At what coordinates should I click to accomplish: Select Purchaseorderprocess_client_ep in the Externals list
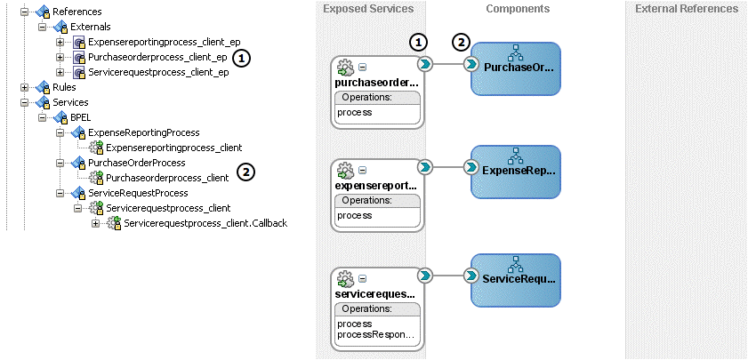tap(157, 57)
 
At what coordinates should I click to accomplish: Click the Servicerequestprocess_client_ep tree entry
tap(158, 72)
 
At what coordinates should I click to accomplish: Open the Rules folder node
tap(63, 87)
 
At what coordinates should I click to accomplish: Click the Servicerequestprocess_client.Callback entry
tap(205, 223)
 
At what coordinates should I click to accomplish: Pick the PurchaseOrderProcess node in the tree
tap(136, 163)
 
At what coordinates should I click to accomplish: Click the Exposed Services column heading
tap(367, 9)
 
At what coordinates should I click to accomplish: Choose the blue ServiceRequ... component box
tap(515, 278)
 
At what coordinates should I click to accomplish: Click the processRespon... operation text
tap(375, 335)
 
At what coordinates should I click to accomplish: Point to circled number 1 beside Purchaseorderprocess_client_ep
tap(243, 57)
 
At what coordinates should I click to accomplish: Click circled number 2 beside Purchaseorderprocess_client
tap(247, 172)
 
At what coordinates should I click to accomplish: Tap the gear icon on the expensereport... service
tap(347, 169)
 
